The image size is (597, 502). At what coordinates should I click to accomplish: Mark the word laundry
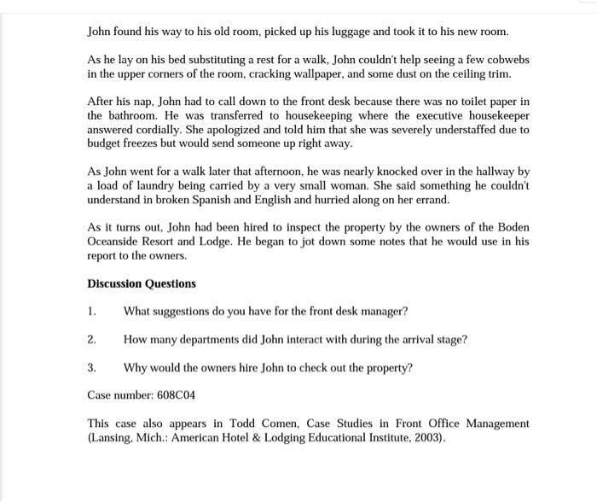pyautogui.click(x=155, y=184)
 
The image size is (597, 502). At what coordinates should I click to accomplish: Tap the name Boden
pyautogui.click(x=510, y=227)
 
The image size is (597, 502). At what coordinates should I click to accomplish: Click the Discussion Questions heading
pyautogui.click(x=142, y=283)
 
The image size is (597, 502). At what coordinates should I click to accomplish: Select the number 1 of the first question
pyautogui.click(x=91, y=312)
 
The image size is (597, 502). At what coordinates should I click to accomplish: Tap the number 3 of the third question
pyautogui.click(x=91, y=368)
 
